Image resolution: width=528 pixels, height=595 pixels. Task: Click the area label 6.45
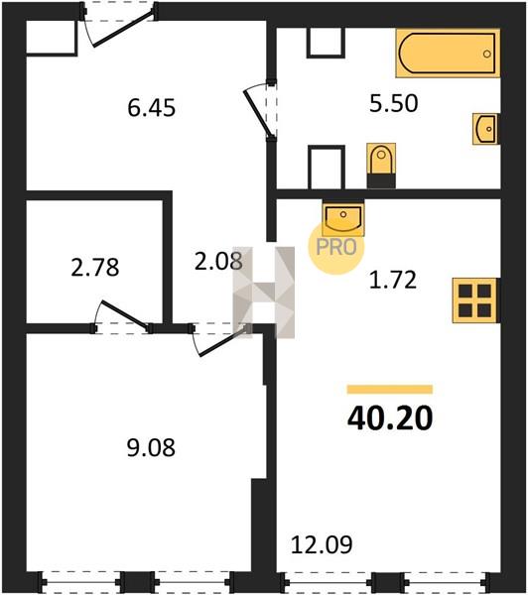[x=151, y=108]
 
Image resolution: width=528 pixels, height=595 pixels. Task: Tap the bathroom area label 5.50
[x=394, y=103]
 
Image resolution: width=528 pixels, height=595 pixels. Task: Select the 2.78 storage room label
[x=95, y=267]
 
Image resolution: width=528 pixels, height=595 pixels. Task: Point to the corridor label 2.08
[x=218, y=262]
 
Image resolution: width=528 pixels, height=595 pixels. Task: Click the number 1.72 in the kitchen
[x=393, y=280]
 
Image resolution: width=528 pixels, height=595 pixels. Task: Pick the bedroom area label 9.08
[x=151, y=448]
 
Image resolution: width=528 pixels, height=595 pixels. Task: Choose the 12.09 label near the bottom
[x=322, y=544]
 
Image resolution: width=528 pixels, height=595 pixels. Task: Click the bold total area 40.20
[x=390, y=418]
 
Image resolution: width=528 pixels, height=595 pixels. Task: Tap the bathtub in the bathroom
[x=448, y=54]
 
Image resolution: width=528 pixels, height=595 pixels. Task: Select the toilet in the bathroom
[x=381, y=166]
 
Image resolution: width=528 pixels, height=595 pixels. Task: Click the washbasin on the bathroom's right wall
[x=486, y=129]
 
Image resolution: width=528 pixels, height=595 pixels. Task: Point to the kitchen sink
[x=343, y=218]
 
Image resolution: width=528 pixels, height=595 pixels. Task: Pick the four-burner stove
[x=474, y=300]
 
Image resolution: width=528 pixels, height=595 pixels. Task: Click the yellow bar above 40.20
[x=390, y=390]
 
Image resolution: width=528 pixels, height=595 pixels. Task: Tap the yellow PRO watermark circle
[x=336, y=248]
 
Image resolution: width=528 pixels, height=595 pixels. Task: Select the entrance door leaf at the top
[x=123, y=29]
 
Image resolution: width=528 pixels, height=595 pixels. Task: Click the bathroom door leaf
[x=257, y=113]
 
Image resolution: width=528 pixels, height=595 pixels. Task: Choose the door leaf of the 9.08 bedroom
[x=223, y=341]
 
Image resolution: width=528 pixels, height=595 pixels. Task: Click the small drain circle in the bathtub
[x=487, y=54]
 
